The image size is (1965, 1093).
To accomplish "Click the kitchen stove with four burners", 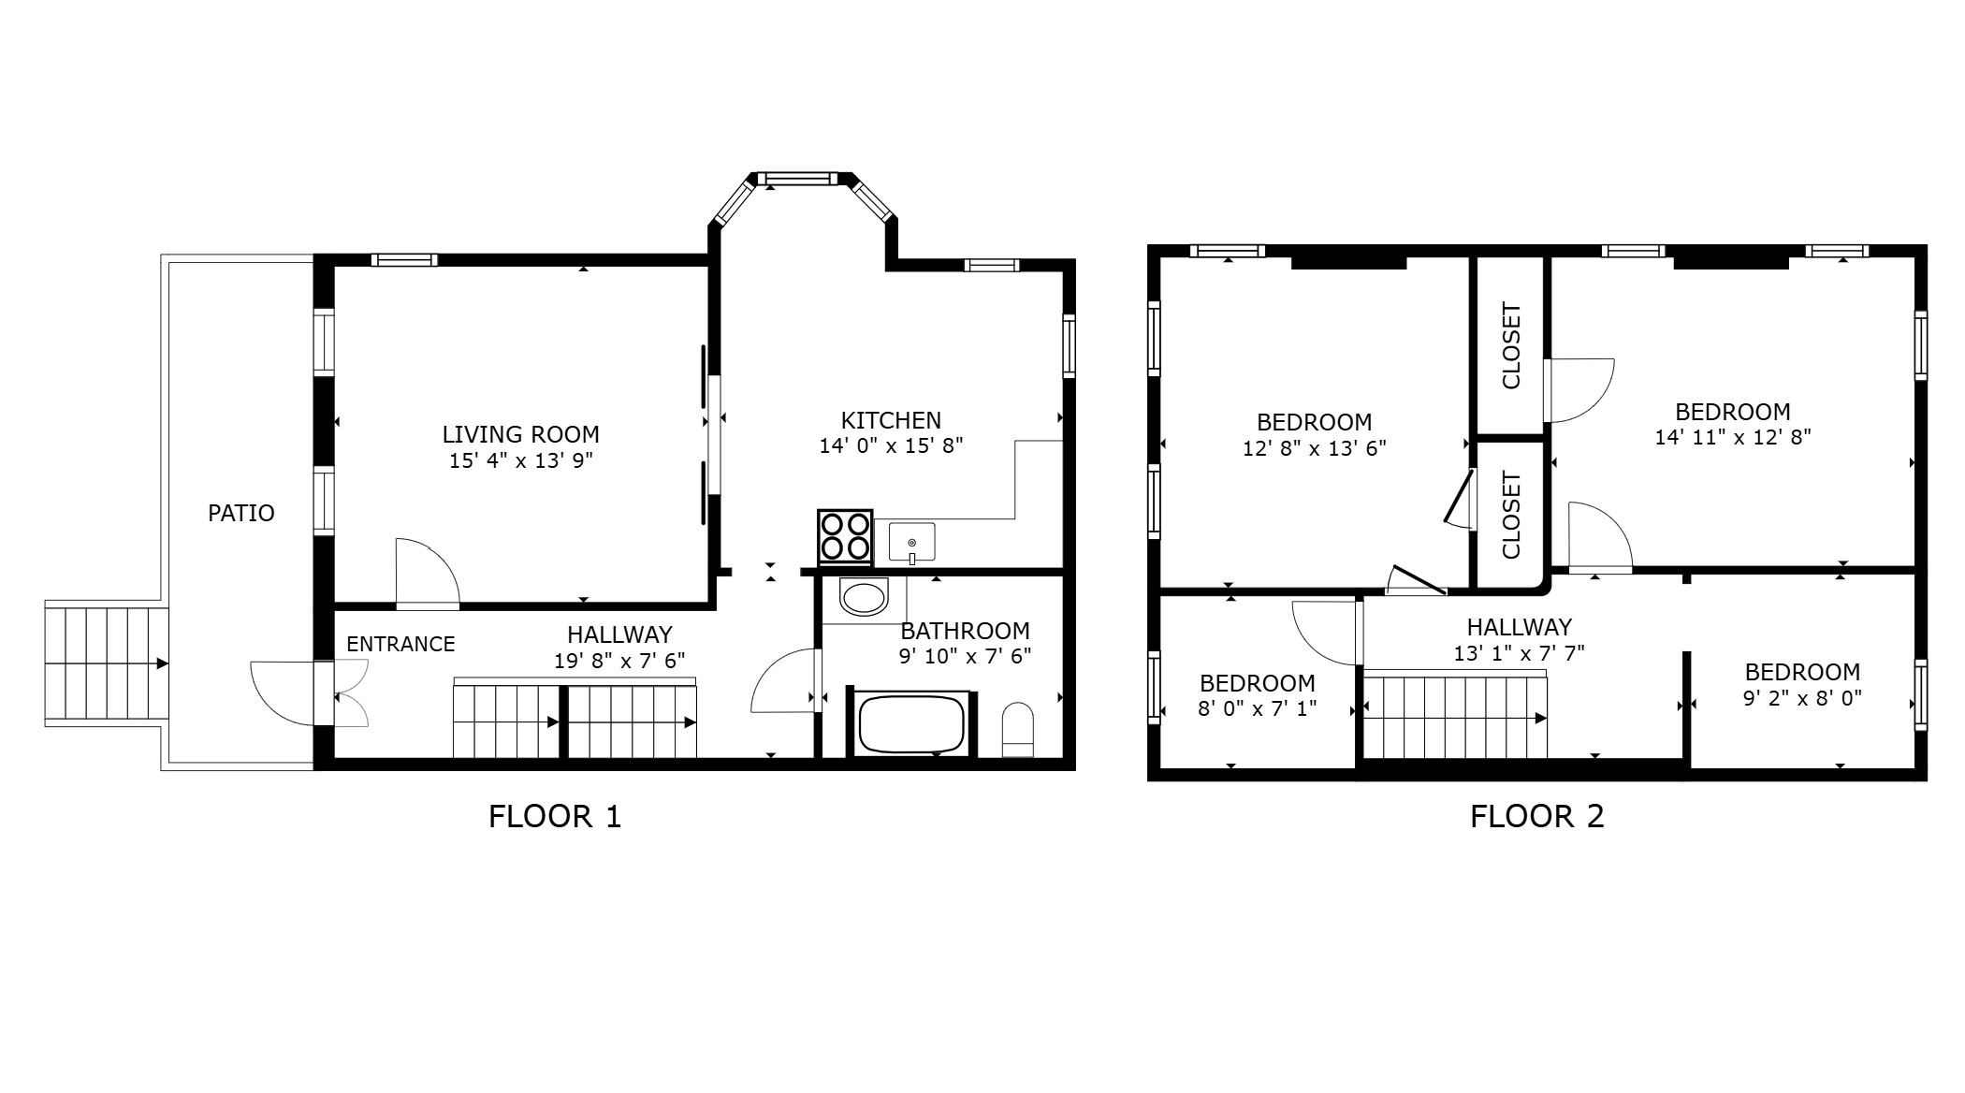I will click(x=845, y=537).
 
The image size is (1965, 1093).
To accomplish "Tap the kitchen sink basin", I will click(x=911, y=542).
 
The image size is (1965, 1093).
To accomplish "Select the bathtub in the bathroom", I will click(x=910, y=723).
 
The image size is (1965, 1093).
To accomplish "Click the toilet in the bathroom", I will click(x=1017, y=729).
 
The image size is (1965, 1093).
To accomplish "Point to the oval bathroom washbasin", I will click(x=863, y=598).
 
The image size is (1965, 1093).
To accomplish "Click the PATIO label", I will click(x=240, y=513).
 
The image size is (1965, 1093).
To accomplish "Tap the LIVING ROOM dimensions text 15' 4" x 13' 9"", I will click(x=520, y=460).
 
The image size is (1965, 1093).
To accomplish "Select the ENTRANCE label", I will click(x=400, y=644).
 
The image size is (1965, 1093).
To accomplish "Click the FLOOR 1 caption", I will click(x=554, y=816).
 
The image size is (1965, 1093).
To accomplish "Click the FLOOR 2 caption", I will click(x=1536, y=816).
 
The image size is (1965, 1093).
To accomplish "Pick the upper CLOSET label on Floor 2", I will click(x=1510, y=345).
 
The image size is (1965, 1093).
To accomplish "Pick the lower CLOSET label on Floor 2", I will click(x=1510, y=516).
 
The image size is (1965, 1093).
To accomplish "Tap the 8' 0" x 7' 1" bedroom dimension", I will click(x=1257, y=708).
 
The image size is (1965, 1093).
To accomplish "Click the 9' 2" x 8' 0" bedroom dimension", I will click(x=1801, y=697).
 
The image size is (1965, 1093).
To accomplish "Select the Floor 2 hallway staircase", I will click(x=1454, y=717).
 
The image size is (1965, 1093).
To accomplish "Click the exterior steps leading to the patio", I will click(x=105, y=663).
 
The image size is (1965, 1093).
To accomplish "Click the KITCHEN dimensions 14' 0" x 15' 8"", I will click(x=891, y=445).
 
